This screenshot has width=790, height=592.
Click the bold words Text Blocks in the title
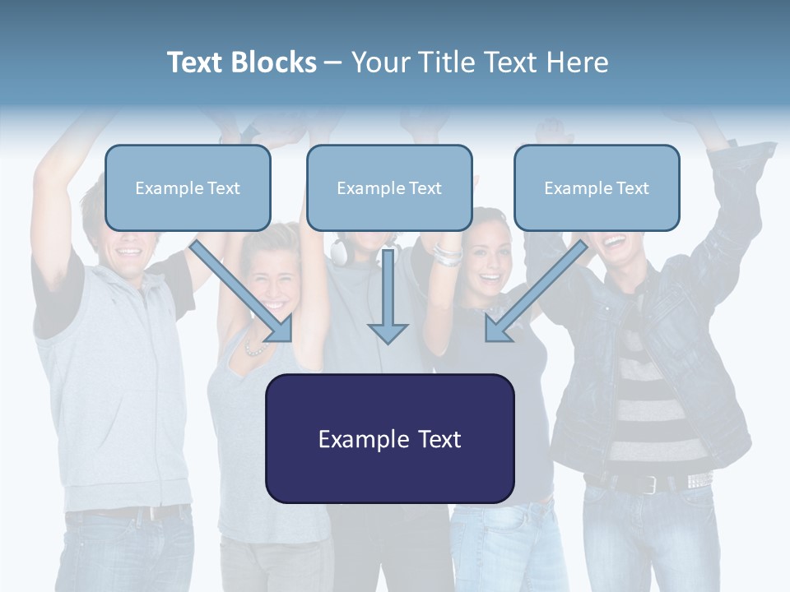point(241,62)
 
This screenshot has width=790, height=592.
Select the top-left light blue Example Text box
point(188,187)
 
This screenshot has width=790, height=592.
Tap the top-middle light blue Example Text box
point(389,187)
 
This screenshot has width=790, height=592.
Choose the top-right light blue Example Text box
point(597,187)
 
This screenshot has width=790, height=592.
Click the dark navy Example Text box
point(389,438)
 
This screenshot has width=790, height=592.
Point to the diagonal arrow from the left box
point(243,292)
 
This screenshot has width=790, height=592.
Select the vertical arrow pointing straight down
point(388,300)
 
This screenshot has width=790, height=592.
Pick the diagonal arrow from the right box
point(535,292)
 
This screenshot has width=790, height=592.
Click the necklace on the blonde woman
point(256,349)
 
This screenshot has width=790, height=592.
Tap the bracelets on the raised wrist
point(447,254)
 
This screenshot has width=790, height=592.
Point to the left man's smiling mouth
point(130,252)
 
